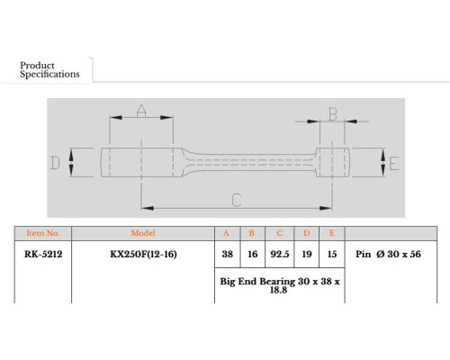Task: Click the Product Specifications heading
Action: point(49,69)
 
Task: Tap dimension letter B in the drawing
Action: point(332,114)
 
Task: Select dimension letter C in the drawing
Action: point(237,200)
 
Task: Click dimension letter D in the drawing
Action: point(55,163)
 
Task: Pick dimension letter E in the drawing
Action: point(394,164)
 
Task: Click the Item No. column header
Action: point(42,233)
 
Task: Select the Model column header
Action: point(143,233)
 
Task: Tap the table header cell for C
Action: point(280,233)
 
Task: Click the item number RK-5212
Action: point(43,254)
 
